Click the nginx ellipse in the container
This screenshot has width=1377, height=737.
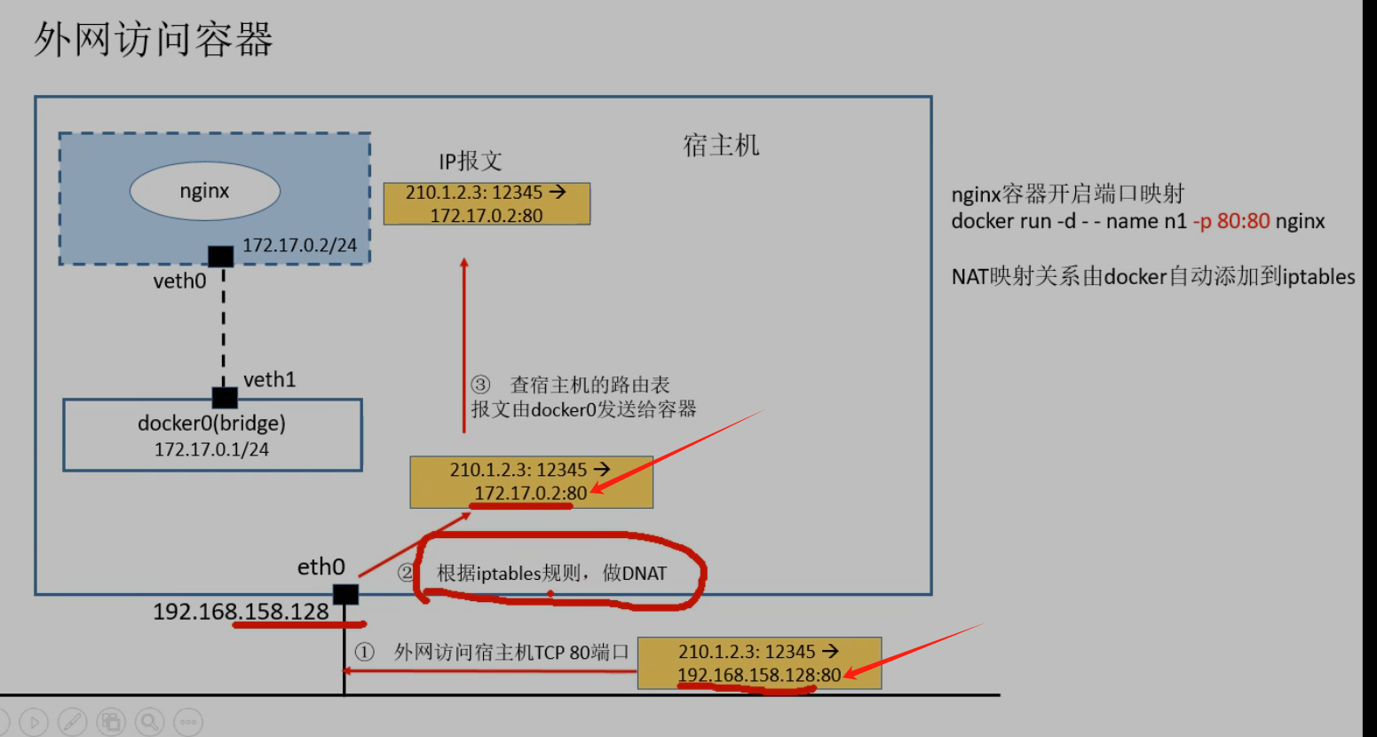click(x=205, y=191)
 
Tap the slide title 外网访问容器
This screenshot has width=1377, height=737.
click(x=153, y=40)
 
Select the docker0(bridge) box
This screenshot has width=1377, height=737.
click(x=212, y=435)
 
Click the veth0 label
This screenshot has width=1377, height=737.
click(x=179, y=281)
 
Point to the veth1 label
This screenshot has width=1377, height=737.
click(x=269, y=380)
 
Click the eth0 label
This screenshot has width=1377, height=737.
click(x=321, y=567)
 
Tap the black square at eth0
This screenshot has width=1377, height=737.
click(x=345, y=594)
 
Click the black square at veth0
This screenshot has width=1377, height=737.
click(x=221, y=257)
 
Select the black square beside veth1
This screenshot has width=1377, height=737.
click(x=225, y=397)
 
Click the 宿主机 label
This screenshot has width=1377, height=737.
click(x=721, y=146)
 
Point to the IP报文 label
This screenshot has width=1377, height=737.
click(x=470, y=161)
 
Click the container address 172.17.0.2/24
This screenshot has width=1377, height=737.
click(x=299, y=245)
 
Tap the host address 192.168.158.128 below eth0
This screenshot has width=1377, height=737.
click(x=241, y=612)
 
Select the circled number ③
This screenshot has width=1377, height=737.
click(x=480, y=384)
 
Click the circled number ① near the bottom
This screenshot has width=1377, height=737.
click(x=365, y=653)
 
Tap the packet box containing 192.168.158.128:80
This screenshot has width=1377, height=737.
click(x=759, y=663)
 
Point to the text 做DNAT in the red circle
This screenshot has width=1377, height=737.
click(x=634, y=574)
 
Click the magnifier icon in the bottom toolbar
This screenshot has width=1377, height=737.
click(x=149, y=722)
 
